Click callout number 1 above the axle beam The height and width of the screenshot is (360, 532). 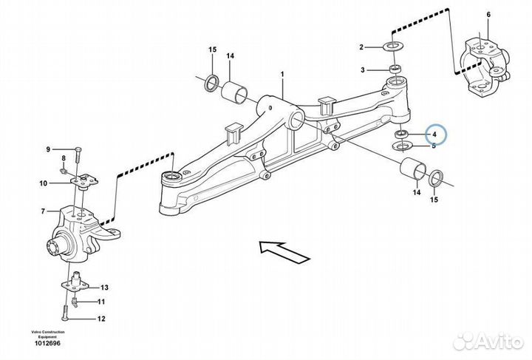[x=282, y=75]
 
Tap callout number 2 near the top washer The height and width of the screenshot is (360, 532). [x=361, y=47]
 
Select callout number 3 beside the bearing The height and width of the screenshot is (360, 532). [x=362, y=70]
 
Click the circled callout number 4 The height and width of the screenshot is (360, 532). [x=434, y=135]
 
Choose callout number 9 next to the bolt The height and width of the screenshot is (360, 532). [x=48, y=150]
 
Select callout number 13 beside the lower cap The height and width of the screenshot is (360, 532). [x=104, y=288]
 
